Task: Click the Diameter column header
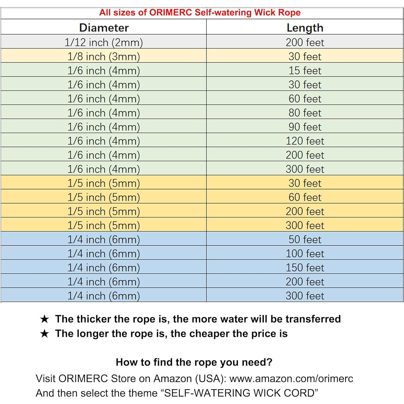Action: (104, 28)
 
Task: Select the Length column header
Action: (305, 28)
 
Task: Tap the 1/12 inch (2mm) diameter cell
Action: (104, 42)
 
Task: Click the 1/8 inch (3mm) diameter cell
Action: (104, 57)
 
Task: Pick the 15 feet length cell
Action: (305, 71)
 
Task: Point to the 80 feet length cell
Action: (305, 113)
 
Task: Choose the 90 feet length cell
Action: (305, 127)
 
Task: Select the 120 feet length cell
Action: (305, 141)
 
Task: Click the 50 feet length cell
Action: (305, 239)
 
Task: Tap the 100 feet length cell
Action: (305, 253)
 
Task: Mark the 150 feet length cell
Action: (305, 267)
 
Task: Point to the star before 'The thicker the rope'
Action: (44, 319)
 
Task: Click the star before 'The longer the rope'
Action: (44, 334)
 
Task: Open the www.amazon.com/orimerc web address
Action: (291, 378)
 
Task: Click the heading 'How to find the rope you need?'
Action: (194, 362)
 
